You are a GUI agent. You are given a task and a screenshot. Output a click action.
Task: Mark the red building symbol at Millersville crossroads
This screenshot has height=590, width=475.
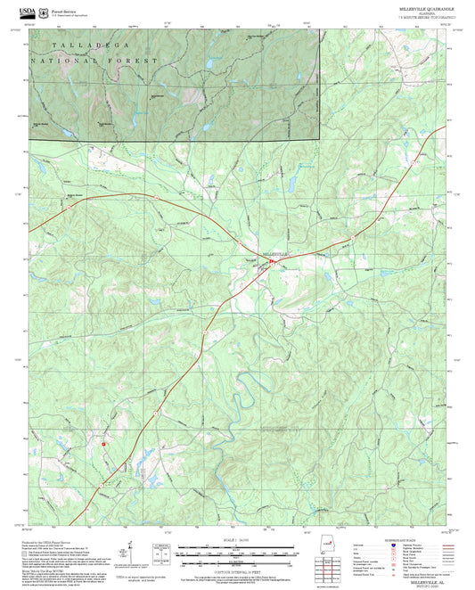point(268,260)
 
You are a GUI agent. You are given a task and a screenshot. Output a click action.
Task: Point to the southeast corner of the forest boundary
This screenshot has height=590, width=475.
point(319,140)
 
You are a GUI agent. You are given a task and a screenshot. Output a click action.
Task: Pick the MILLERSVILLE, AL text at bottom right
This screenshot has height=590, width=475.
point(437,580)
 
